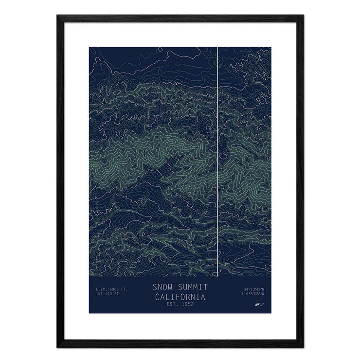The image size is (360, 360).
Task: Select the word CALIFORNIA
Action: coord(180,296)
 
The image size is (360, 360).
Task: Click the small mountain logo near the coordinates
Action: coord(258,305)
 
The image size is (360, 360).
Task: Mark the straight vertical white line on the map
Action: coord(216,161)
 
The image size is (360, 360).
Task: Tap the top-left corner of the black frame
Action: coord(58,16)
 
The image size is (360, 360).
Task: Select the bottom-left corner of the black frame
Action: coord(58,346)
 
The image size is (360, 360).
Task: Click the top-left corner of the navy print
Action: coord(89,47)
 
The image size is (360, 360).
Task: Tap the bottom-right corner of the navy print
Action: coord(271,313)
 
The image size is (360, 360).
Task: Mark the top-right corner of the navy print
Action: coord(271,47)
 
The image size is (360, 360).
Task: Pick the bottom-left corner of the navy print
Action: coord(89,313)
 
